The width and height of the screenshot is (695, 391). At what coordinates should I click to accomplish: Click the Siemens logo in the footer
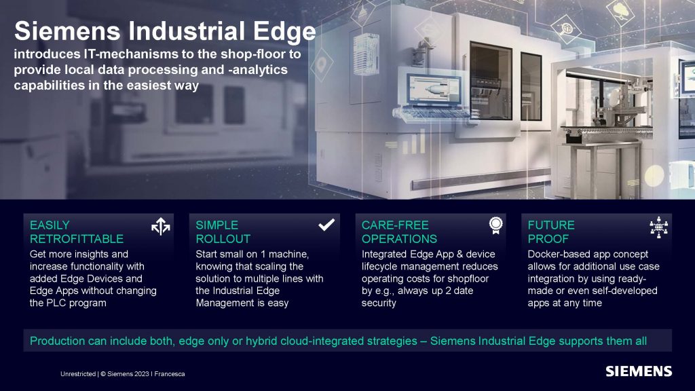click(x=639, y=371)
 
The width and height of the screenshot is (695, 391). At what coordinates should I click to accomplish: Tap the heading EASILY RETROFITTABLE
click(x=77, y=232)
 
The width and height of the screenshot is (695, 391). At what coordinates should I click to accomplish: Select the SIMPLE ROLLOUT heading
click(x=223, y=232)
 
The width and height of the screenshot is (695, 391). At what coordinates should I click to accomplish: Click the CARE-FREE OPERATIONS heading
click(x=399, y=232)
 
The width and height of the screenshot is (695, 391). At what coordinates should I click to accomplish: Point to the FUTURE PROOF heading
click(x=551, y=232)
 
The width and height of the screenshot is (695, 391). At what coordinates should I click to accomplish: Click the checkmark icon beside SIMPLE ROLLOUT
click(x=326, y=225)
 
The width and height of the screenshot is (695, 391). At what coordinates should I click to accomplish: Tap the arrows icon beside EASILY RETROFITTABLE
click(x=160, y=226)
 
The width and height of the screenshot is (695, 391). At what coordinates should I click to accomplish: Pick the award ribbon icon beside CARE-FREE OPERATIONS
click(x=495, y=225)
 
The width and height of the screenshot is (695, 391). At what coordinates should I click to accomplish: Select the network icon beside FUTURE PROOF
click(x=658, y=227)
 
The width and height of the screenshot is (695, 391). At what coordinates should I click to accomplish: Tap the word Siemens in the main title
click(x=67, y=31)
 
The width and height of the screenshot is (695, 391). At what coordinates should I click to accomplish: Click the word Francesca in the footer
click(x=170, y=374)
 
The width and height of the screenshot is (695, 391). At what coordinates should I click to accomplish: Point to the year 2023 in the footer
click(x=142, y=374)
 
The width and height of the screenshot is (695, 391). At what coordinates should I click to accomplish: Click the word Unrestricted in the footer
click(x=78, y=374)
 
